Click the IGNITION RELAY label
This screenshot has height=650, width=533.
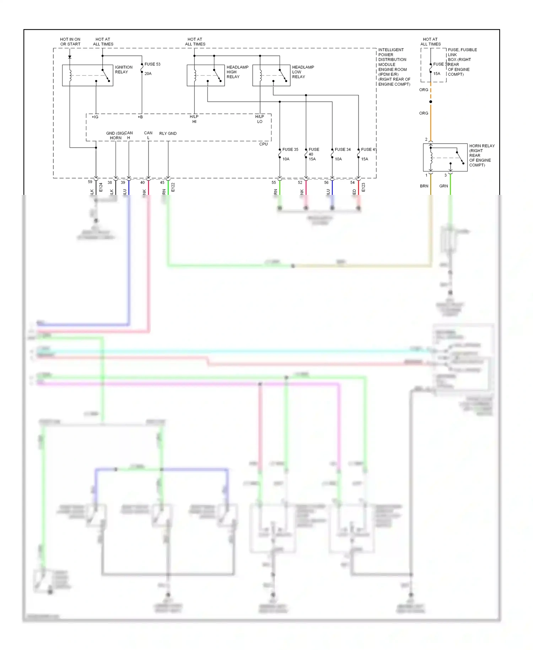123,69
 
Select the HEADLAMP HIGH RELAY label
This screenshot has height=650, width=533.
237,72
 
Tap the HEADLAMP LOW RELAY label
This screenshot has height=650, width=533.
303,72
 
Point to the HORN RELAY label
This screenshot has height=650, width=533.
481,155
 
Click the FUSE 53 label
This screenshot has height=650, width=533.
152,64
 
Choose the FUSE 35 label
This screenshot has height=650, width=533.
290,149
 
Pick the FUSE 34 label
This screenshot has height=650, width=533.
343,149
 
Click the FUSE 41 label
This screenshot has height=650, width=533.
368,149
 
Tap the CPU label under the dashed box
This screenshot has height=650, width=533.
263,144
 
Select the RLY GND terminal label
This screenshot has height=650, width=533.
168,133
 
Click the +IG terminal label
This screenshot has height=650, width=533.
95,117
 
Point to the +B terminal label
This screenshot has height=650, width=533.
140,117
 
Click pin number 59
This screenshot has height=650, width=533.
90,182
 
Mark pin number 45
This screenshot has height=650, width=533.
162,182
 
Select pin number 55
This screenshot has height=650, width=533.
274,182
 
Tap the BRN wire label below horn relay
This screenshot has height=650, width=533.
424,186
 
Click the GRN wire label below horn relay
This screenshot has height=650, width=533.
443,186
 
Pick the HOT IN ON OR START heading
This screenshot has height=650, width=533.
70,42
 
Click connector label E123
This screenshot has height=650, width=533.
363,187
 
